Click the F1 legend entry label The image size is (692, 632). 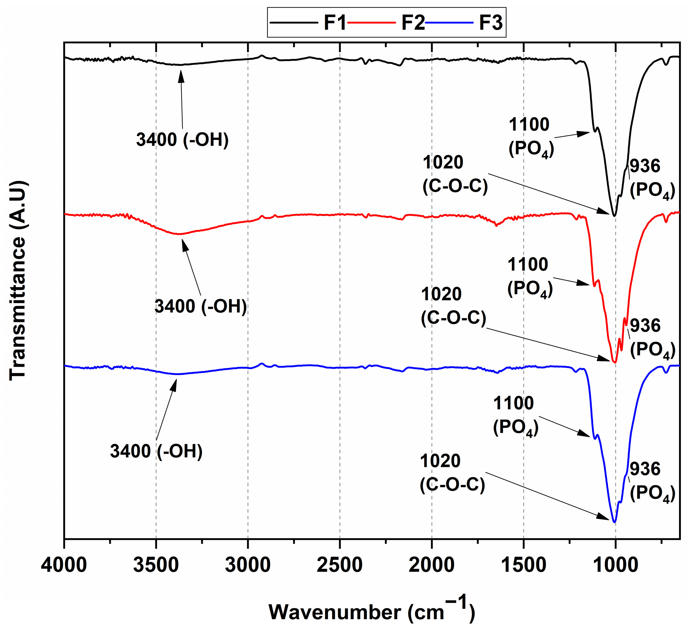click(335, 23)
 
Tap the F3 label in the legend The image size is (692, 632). click(490, 23)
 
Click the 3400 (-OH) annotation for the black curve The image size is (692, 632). click(182, 140)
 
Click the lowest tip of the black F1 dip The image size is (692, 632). click(614, 215)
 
